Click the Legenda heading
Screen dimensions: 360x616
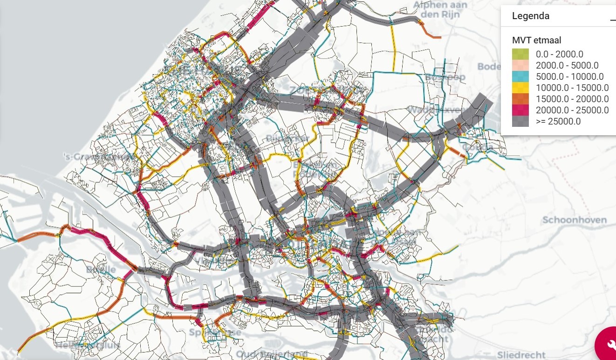530,16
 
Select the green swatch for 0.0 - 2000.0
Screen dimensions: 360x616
520,55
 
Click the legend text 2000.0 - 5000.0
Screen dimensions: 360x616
567,66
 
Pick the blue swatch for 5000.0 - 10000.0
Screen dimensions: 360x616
520,77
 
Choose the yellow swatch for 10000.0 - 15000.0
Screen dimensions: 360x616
520,88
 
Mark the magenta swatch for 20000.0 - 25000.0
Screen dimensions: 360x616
520,111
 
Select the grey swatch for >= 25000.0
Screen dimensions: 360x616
520,122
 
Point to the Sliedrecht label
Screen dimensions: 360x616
519,354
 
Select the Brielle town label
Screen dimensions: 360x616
101,270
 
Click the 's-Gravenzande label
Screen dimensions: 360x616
98,157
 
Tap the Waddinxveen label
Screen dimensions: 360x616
437,110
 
